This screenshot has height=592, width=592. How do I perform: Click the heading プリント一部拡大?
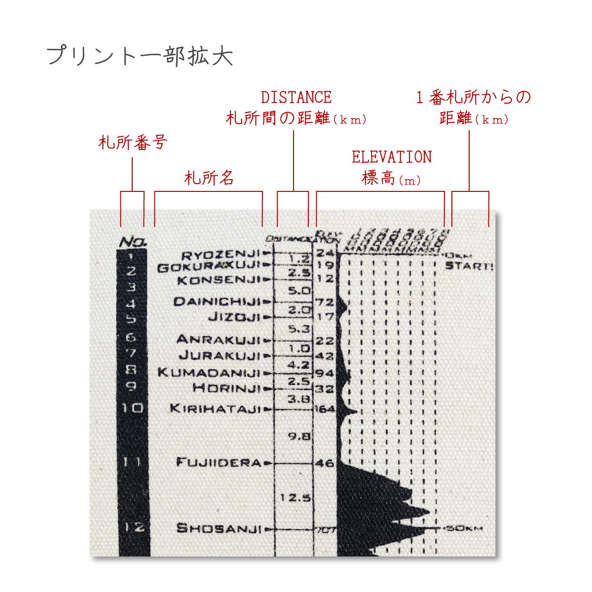[140, 56]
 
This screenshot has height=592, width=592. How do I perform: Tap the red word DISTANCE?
[296, 97]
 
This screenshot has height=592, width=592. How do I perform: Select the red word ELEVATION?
[392, 157]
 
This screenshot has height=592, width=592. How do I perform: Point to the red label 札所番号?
[133, 143]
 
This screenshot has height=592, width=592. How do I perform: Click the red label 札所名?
[209, 178]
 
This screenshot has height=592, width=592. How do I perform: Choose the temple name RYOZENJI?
[220, 255]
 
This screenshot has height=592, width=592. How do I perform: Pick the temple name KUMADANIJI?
[209, 372]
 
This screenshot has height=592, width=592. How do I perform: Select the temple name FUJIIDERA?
[219, 463]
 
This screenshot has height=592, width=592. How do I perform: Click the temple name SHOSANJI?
[219, 528]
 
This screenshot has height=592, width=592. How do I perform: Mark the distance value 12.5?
[296, 498]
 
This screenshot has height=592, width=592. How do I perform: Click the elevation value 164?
[325, 409]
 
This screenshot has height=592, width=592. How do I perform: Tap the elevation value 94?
[325, 373]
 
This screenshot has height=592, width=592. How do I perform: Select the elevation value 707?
[326, 530]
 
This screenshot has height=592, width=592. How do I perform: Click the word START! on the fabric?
[469, 266]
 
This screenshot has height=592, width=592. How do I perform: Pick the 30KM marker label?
[464, 529]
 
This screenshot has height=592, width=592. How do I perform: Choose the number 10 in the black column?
[132, 408]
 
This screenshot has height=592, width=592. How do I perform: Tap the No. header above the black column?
[133, 242]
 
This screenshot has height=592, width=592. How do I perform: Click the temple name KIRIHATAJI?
[215, 408]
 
